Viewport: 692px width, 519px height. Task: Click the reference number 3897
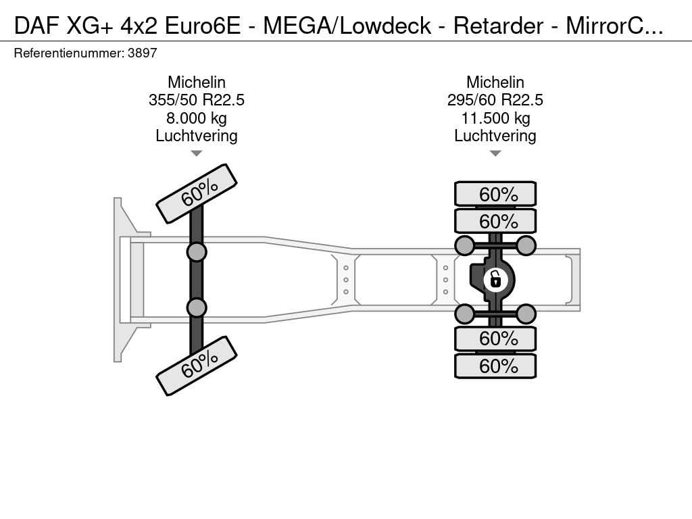142,53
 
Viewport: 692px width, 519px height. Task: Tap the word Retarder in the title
498,26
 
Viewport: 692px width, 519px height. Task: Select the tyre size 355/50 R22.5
197,100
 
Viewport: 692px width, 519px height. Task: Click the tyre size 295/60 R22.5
495,100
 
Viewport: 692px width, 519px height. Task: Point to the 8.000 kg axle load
197,118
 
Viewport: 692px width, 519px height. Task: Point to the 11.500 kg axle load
495,118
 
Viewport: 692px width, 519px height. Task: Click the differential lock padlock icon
495,280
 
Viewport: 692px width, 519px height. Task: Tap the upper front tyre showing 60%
197,194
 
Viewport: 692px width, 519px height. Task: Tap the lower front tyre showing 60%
197,366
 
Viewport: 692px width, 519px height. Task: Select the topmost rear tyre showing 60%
495,194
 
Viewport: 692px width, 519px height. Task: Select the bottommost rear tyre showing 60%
495,366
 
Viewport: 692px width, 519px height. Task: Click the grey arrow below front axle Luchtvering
197,153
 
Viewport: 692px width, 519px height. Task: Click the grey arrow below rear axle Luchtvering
495,153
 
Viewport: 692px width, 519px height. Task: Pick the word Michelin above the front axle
197,82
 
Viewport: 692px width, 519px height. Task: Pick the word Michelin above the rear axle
495,82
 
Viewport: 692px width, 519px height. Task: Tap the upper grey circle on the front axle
197,253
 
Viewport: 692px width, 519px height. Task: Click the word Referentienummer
69,53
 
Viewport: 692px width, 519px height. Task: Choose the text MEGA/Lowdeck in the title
347,26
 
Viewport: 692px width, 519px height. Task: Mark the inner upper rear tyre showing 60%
495,221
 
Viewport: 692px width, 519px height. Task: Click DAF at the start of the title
36,26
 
